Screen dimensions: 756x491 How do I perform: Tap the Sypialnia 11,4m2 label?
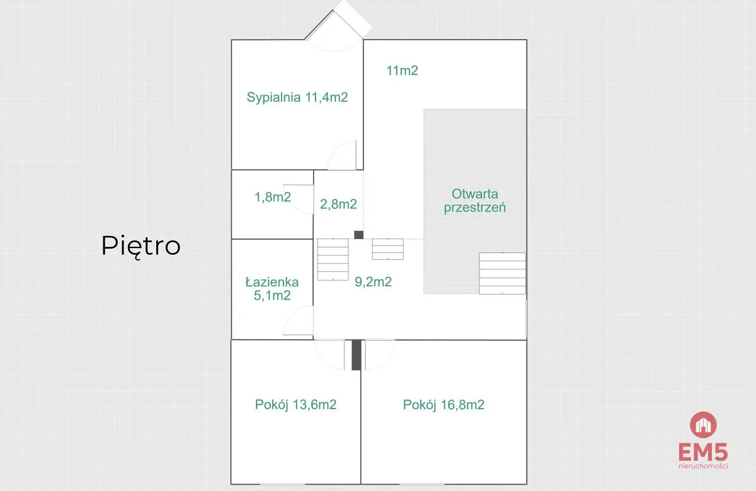(x=297, y=98)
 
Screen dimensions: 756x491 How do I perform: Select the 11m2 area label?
(x=403, y=71)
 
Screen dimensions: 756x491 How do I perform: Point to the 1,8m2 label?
(x=273, y=197)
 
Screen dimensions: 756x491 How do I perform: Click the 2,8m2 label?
(x=338, y=204)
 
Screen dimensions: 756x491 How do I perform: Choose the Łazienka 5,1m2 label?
(x=272, y=289)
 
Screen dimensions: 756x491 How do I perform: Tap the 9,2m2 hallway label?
(x=373, y=282)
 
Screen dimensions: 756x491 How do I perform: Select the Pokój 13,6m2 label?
(x=295, y=405)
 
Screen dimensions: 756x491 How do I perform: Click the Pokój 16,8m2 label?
(x=444, y=405)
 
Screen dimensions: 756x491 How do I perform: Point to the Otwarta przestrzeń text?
(x=475, y=201)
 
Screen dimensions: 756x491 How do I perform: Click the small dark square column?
(x=358, y=235)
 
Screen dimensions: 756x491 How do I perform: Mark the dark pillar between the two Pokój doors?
(x=357, y=355)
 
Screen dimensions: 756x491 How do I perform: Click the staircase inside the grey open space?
(x=503, y=273)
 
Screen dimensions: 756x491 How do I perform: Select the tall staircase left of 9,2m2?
(x=333, y=259)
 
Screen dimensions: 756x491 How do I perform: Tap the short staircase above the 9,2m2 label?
(x=388, y=249)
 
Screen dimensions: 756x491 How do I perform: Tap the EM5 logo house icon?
(x=703, y=425)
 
